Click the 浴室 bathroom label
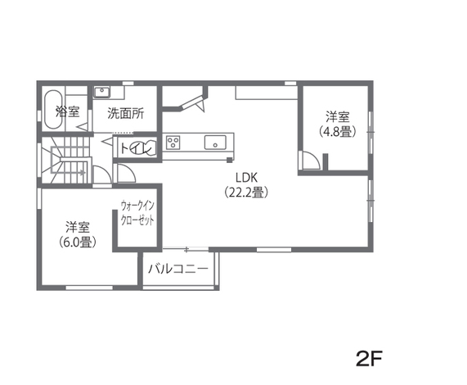(x=67, y=112)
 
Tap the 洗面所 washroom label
(x=126, y=114)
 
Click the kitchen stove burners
(x=173, y=143)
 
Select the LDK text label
(x=247, y=177)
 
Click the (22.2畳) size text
(x=247, y=193)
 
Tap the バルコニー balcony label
(x=178, y=269)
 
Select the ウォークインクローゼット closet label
(x=137, y=214)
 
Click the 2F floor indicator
(x=370, y=358)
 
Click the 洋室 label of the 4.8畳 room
(x=337, y=115)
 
